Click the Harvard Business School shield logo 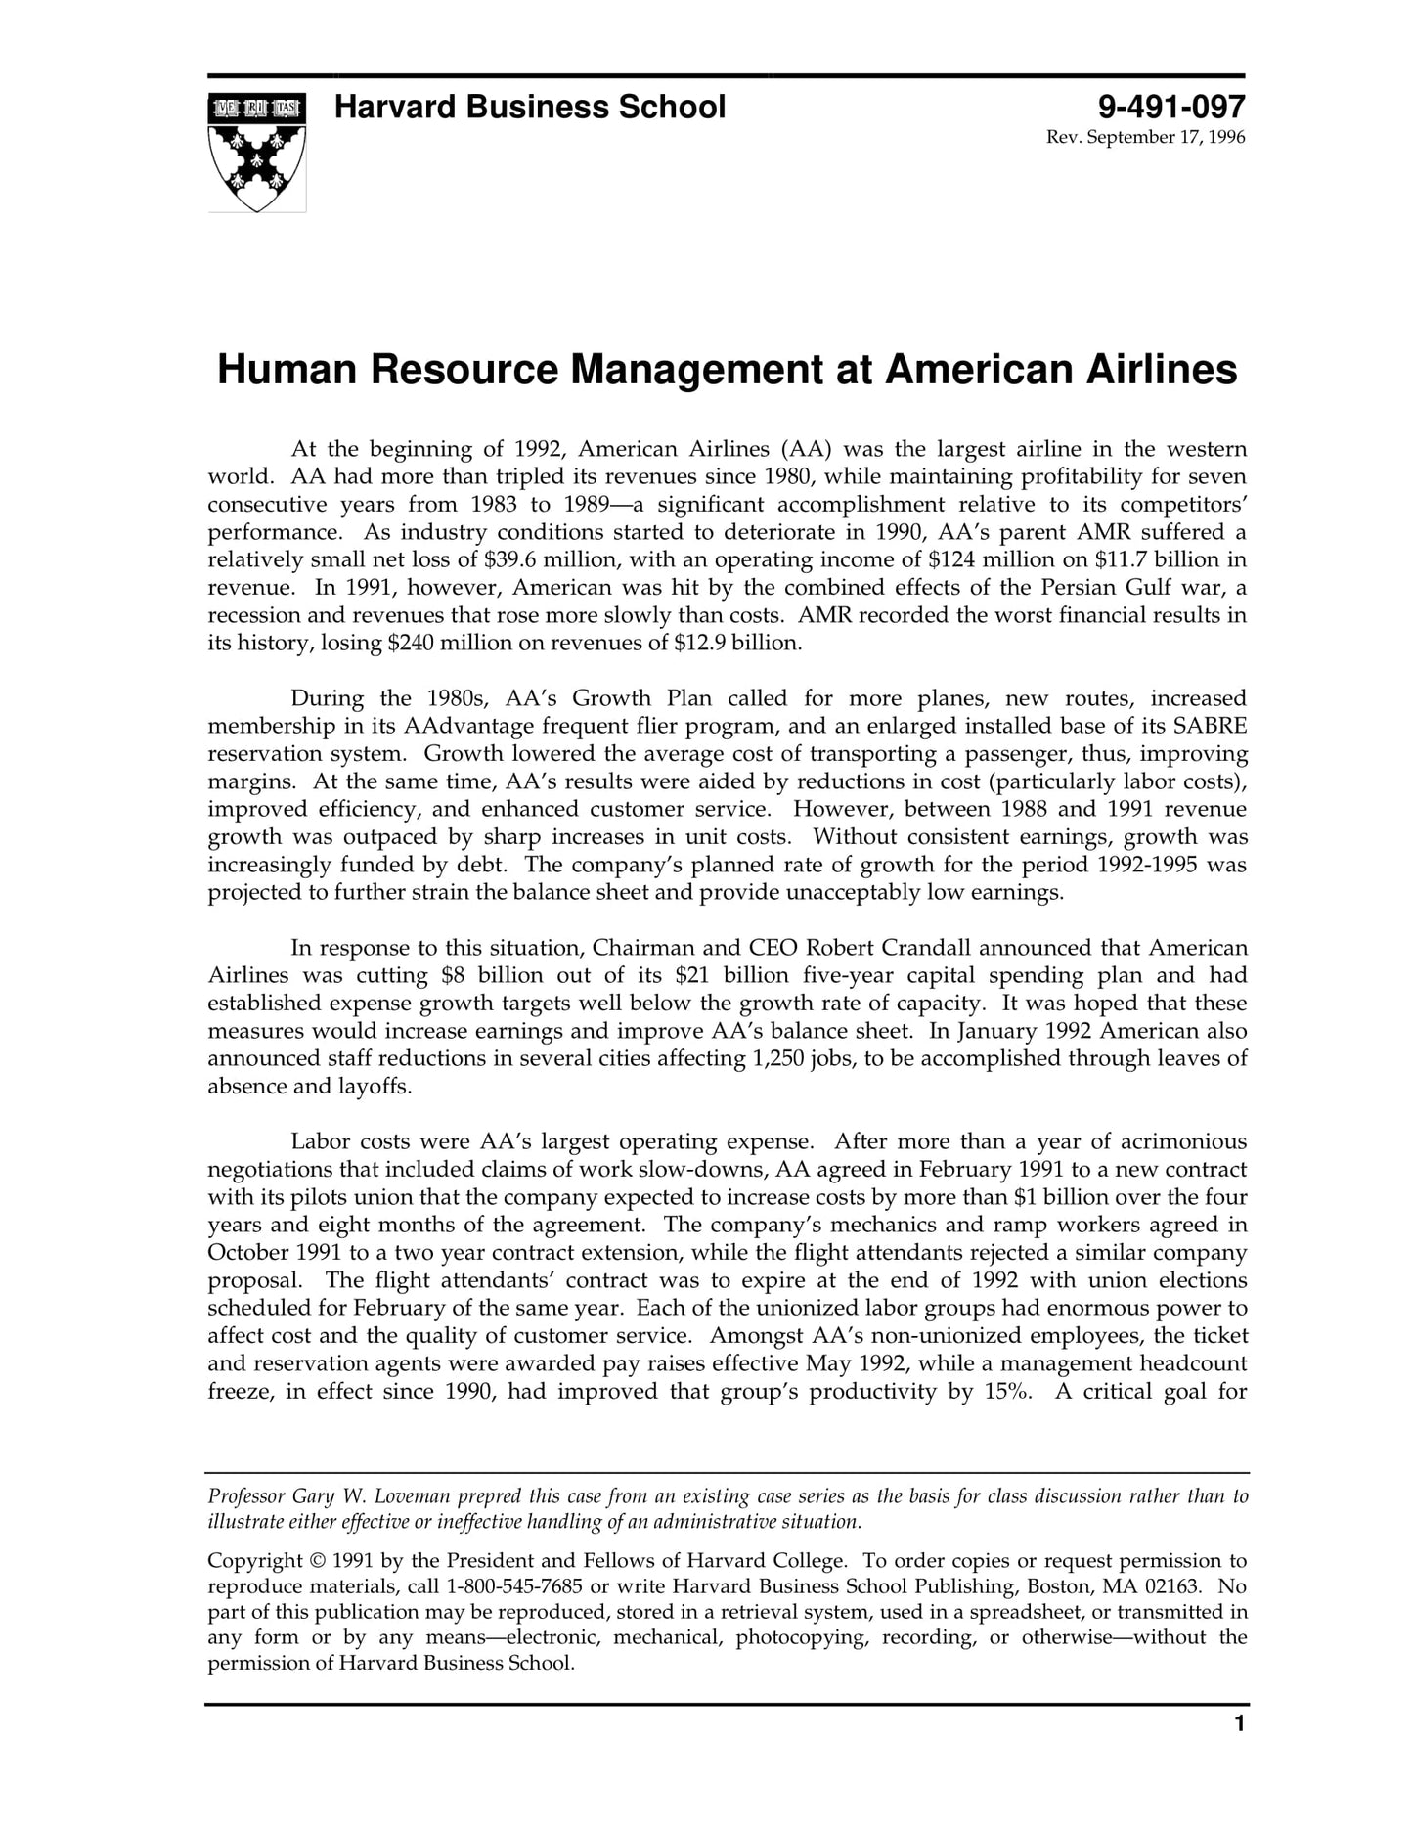coord(257,152)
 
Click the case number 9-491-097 coord(1170,107)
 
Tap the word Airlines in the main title coord(1161,370)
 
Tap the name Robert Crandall coord(893,948)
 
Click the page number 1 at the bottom coord(1239,1723)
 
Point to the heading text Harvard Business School coord(529,107)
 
